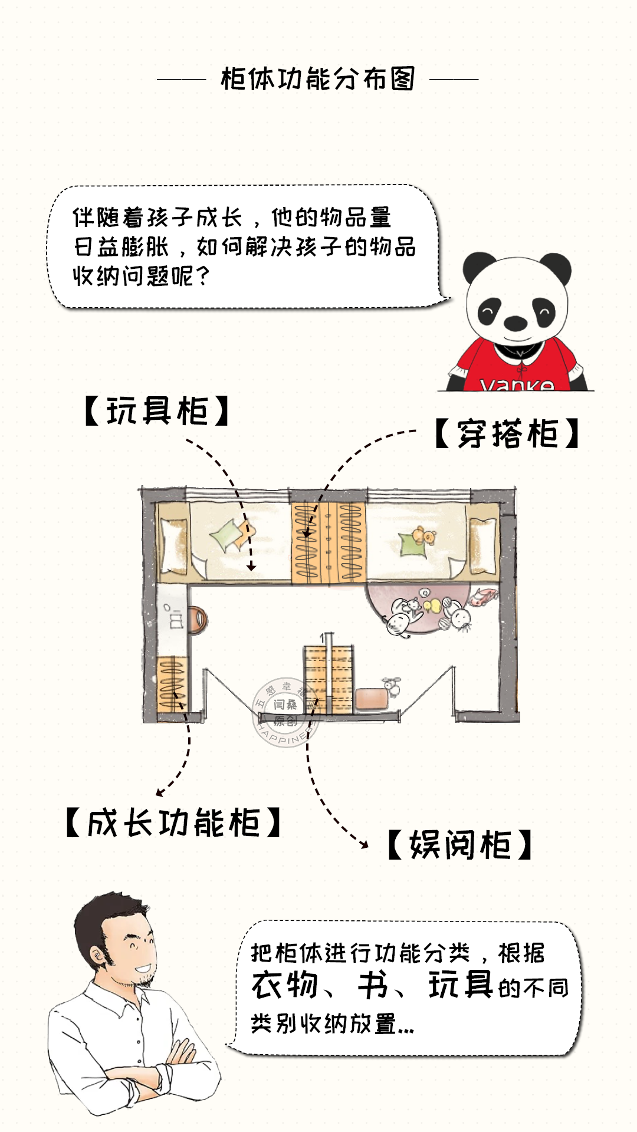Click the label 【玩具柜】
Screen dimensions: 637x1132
pos(157,411)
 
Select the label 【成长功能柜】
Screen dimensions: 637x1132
pos(173,823)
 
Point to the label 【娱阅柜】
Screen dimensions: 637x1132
pos(460,845)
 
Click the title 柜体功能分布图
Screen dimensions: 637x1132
pos(318,79)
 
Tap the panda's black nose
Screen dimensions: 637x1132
pos(515,323)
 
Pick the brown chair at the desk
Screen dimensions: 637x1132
pos(198,620)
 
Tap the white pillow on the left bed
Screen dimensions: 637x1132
pos(173,545)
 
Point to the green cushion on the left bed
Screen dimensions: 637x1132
pos(225,537)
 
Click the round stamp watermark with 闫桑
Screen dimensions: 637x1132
pos(285,712)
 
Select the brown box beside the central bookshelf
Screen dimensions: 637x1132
pos(372,699)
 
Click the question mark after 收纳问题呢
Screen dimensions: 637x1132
pos(202,275)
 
